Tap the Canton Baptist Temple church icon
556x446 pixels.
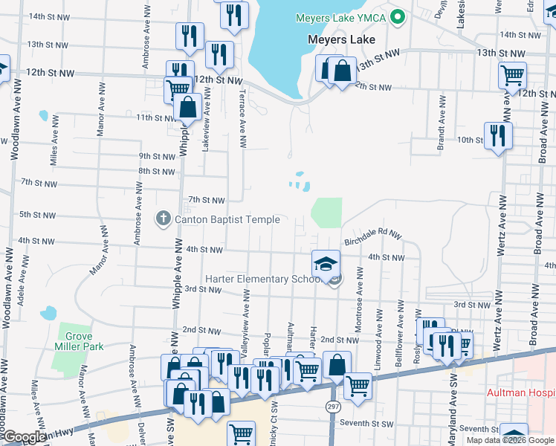[163, 219]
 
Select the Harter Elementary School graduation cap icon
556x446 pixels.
[325, 263]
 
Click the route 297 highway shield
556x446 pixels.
[332, 406]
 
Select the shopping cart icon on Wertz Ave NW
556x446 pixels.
[512, 75]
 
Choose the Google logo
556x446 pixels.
[24, 437]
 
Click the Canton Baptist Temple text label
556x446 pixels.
[227, 219]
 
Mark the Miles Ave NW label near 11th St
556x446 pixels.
[54, 144]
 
